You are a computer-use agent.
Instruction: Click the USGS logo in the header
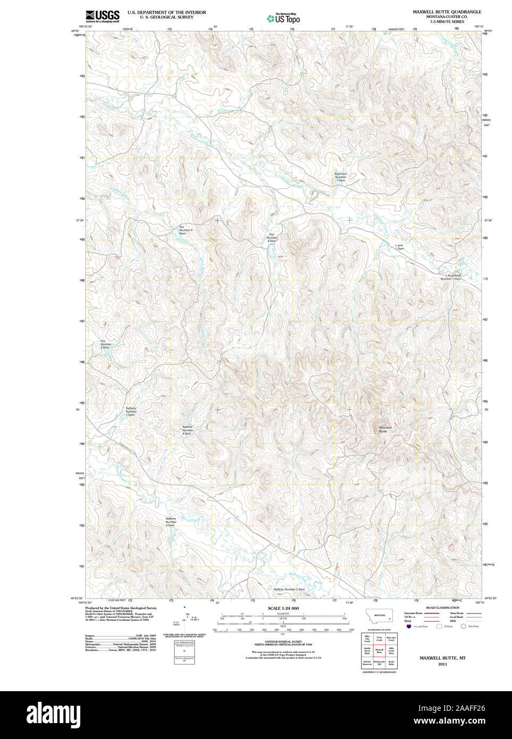[x=102, y=16]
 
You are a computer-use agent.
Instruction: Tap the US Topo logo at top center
[x=283, y=19]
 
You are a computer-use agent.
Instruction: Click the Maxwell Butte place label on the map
[x=385, y=429]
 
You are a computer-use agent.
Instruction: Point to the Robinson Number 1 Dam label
[x=340, y=177]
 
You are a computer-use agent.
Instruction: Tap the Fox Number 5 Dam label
[x=185, y=230]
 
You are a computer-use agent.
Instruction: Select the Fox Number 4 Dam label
[x=272, y=238]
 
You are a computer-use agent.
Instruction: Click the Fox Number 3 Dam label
[x=106, y=344]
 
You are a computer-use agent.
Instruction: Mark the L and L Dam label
[x=399, y=247]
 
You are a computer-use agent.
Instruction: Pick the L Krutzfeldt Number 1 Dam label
[x=450, y=277]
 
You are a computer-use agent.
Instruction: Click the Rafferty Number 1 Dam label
[x=131, y=411]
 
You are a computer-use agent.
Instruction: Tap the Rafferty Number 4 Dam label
[x=187, y=430]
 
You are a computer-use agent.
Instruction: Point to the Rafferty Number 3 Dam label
[x=171, y=522]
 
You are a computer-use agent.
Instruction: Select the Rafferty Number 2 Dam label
[x=289, y=589]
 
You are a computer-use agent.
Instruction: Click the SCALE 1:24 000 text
[x=283, y=608]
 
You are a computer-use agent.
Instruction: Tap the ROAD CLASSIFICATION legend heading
[x=442, y=608]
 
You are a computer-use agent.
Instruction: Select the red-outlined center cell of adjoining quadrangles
[x=379, y=650]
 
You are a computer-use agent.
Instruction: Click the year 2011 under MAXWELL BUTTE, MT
[x=442, y=664]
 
